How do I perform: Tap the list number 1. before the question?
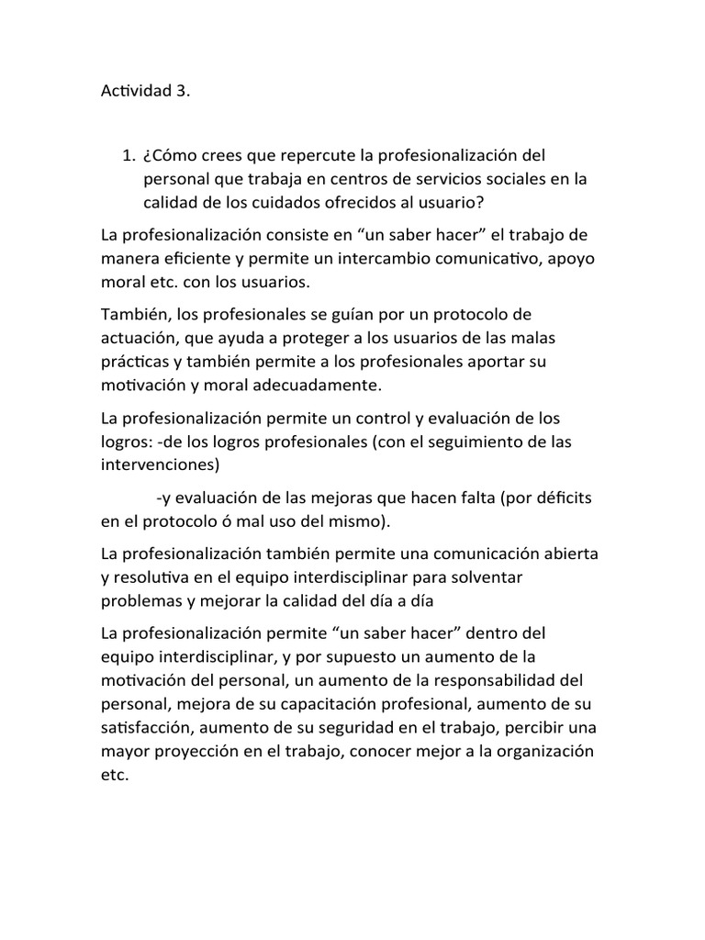pyautogui.click(x=129, y=155)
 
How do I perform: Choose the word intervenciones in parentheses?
pyautogui.click(x=160, y=465)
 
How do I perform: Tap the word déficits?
pyautogui.click(x=559, y=498)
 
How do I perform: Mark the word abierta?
pyautogui.click(x=564, y=554)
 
